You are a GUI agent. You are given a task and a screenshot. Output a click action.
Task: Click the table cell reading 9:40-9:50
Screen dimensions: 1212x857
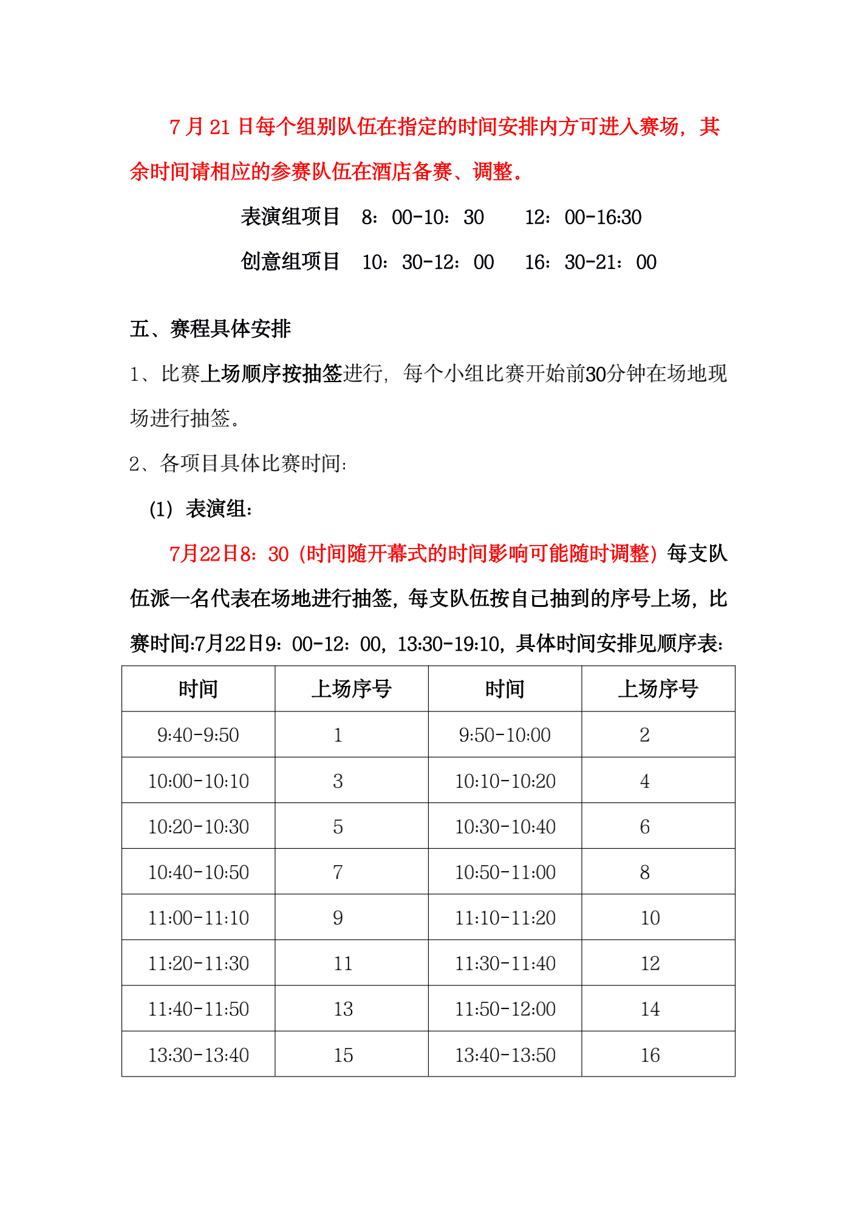(198, 734)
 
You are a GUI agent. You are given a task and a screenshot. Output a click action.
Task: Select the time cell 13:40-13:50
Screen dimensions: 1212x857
(505, 1055)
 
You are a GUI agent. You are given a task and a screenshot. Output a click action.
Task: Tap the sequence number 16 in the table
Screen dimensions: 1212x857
(650, 1055)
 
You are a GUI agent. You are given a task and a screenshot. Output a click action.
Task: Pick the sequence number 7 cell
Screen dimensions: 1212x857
(338, 872)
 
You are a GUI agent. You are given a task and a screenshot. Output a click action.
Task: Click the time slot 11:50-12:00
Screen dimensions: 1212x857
(505, 1008)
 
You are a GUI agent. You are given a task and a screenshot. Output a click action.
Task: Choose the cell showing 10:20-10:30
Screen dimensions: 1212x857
(198, 826)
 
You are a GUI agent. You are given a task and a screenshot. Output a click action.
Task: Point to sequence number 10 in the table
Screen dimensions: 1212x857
(650, 917)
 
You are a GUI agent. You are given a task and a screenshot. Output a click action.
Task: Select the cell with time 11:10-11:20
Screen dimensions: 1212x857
(505, 917)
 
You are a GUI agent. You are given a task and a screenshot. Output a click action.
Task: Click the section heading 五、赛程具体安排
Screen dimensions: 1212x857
(210, 329)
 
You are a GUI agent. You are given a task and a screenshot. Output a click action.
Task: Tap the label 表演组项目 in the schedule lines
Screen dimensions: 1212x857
(290, 217)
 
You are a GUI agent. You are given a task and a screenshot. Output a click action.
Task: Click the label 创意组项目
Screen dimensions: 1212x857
(290, 262)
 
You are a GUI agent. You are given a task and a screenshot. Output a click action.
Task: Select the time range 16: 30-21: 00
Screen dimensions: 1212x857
(590, 262)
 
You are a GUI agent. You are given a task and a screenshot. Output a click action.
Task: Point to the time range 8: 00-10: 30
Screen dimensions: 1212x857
(423, 217)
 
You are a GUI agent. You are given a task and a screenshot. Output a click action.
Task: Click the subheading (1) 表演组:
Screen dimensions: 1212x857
(201, 508)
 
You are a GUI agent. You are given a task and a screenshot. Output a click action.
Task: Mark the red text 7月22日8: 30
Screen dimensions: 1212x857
(229, 553)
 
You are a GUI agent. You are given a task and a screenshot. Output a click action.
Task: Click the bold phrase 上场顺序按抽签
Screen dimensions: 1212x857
(271, 373)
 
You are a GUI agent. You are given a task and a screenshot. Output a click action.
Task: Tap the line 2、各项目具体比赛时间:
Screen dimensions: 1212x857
(238, 464)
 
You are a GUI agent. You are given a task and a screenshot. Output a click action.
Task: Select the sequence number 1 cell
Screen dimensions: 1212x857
(338, 734)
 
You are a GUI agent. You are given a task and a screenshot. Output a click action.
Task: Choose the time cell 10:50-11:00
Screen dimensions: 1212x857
(505, 872)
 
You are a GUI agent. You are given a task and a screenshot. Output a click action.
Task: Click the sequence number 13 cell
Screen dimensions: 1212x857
(343, 1008)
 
